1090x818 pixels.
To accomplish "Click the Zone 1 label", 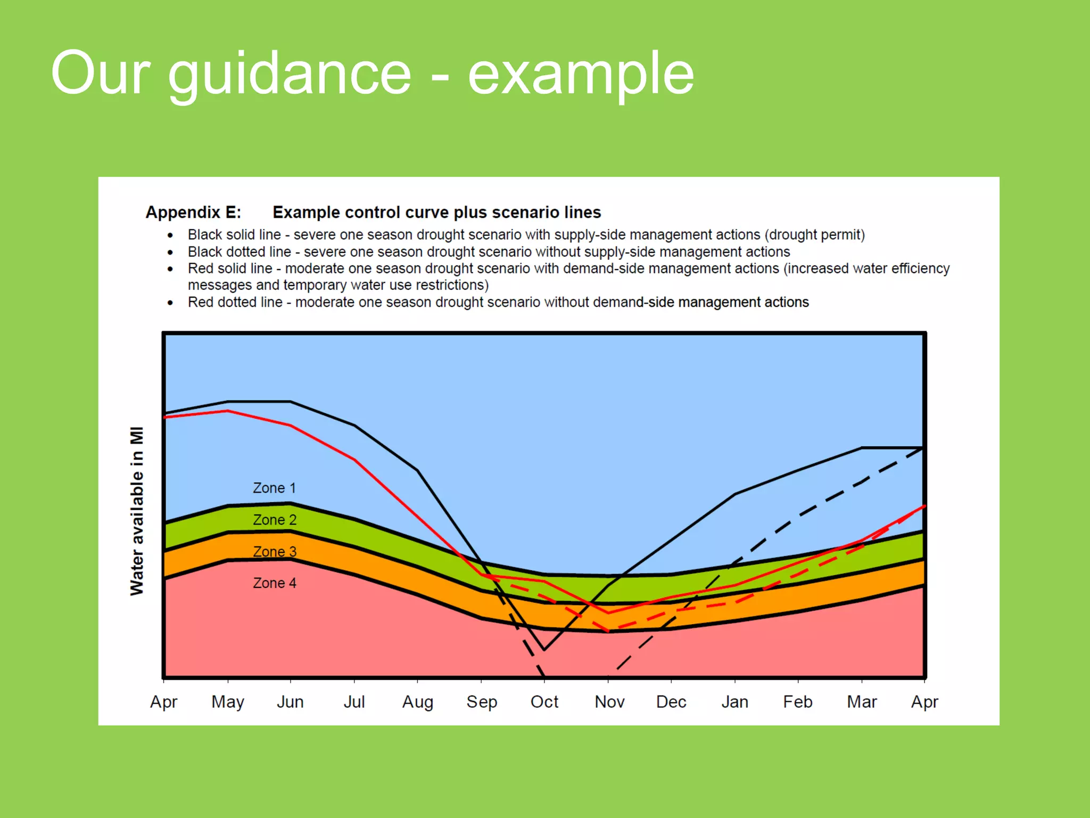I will click(x=274, y=488).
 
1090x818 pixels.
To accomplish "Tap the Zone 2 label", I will click(x=275, y=520).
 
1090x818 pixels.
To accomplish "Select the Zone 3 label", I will click(x=275, y=551).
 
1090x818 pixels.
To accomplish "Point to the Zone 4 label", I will click(x=275, y=583).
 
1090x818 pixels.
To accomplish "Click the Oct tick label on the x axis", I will click(x=544, y=702).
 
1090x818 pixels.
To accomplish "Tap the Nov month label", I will click(x=609, y=702).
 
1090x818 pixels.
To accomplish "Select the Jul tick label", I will click(x=354, y=702).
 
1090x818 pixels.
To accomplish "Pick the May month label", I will click(x=227, y=702).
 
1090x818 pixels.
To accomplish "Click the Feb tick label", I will click(x=797, y=702).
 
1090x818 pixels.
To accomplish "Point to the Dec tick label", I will click(x=671, y=702).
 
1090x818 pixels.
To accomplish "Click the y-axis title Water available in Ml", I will click(x=137, y=511).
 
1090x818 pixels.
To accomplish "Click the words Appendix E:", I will click(x=193, y=212).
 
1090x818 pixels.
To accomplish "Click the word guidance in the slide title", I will click(x=290, y=75).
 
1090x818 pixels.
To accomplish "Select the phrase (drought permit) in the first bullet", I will click(x=814, y=235).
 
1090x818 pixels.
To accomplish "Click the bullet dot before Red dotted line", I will click(x=170, y=302).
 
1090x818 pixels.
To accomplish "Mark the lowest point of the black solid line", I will click(x=544, y=650).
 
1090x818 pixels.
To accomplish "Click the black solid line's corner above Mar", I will click(x=862, y=448).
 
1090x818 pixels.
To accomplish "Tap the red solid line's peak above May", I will click(x=228, y=411).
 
